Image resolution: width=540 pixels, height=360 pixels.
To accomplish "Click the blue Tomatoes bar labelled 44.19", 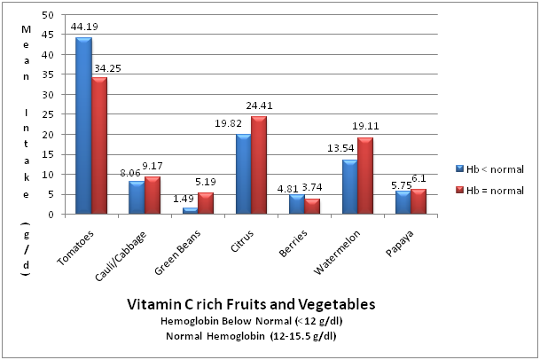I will coord(83,125).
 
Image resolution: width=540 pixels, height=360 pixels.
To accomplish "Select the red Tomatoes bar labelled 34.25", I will coord(98,145).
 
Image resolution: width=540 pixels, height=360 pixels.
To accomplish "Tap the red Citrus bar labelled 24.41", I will coord(258,165).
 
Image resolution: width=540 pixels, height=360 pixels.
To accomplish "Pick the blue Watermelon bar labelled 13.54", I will coord(349,186).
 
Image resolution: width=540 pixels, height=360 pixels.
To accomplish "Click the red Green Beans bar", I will coord(205,203).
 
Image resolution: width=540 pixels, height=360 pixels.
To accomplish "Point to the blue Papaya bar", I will coord(403,202).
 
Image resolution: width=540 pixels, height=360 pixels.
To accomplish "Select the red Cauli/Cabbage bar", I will coord(152,195).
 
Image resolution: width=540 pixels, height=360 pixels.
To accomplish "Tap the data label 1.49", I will coord(185,199).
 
